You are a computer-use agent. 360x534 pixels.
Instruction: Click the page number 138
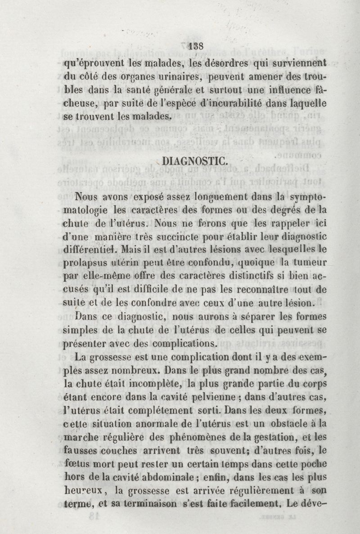[197, 45]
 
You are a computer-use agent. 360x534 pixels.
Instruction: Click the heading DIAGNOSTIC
[189, 161]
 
